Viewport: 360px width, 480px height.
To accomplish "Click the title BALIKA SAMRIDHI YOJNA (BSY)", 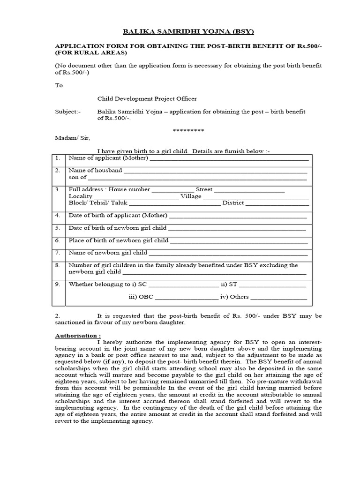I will click(x=181, y=32).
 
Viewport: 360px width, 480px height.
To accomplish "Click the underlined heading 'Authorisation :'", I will click(x=78, y=336).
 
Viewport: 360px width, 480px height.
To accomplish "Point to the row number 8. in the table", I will click(x=58, y=265).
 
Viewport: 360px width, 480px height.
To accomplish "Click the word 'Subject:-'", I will click(x=68, y=112).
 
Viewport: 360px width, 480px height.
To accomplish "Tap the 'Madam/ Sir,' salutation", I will click(x=72, y=138).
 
